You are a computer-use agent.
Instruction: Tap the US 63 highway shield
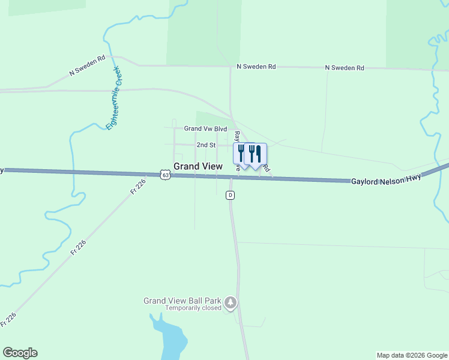166,175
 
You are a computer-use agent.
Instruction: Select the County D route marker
230,195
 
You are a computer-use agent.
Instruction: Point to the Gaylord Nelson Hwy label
387,179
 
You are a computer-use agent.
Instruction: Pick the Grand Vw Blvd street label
205,128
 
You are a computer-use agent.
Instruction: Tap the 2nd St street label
205,145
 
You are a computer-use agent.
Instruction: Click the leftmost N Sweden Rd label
88,65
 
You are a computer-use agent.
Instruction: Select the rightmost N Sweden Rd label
345,68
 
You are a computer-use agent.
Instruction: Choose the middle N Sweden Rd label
256,67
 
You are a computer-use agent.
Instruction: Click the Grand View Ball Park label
182,301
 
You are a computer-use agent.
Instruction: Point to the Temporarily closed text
193,309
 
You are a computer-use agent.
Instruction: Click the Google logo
20,353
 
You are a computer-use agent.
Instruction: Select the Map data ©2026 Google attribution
411,355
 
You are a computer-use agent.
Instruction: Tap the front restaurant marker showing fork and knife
256,154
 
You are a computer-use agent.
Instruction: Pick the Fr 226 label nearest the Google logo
8,319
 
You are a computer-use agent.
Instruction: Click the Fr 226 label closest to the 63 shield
137,187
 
